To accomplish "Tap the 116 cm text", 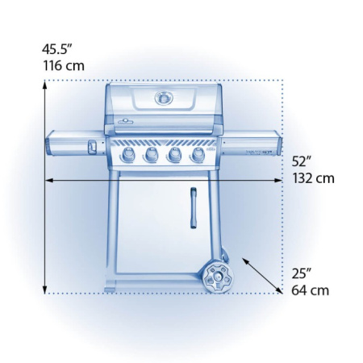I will click(x=63, y=65).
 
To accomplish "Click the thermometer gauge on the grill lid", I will click(x=164, y=98).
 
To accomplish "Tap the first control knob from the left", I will click(x=127, y=156).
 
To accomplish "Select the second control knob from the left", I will click(x=151, y=156).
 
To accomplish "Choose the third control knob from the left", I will click(x=174, y=156).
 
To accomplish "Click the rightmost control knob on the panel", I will click(x=197, y=156).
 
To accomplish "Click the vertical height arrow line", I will click(x=45, y=186).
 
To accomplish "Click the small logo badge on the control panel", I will click(x=211, y=151).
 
